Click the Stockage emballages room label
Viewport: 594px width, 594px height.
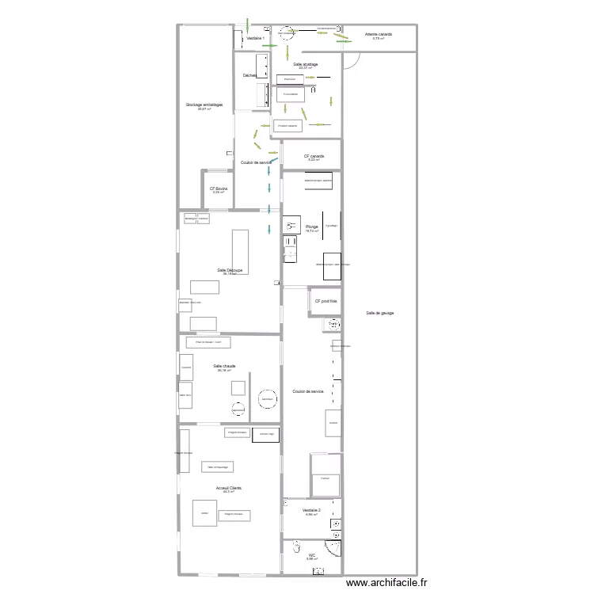pyautogui.click(x=204, y=105)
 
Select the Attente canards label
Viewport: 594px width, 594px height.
pyautogui.click(x=378, y=35)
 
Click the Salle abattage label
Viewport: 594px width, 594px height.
pyautogui.click(x=305, y=64)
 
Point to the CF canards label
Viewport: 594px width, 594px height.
pyautogui.click(x=314, y=156)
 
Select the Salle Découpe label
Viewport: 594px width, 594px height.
pyautogui.click(x=230, y=270)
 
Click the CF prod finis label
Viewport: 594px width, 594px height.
pyautogui.click(x=326, y=301)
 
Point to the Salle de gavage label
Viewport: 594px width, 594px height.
pyautogui.click(x=379, y=313)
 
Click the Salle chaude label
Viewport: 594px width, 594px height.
pyautogui.click(x=224, y=367)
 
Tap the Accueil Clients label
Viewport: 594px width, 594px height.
pyautogui.click(x=229, y=489)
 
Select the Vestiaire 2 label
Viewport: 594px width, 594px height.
pyautogui.click(x=311, y=511)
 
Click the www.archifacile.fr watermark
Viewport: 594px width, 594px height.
pyautogui.click(x=380, y=583)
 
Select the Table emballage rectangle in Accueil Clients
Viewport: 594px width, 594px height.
pyautogui.click(x=217, y=467)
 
